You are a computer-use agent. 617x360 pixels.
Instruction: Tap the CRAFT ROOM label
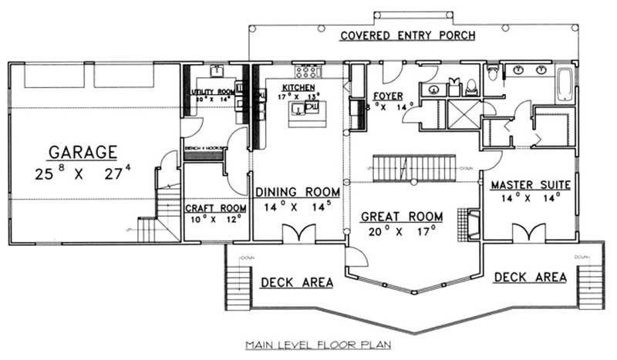[x=216, y=208]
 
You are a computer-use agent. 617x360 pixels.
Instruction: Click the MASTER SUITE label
[x=530, y=185]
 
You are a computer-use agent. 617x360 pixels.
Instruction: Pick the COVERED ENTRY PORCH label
[x=407, y=35]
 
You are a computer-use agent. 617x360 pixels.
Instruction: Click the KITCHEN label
[x=297, y=88]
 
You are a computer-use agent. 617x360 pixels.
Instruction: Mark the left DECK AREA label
[x=296, y=282]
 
